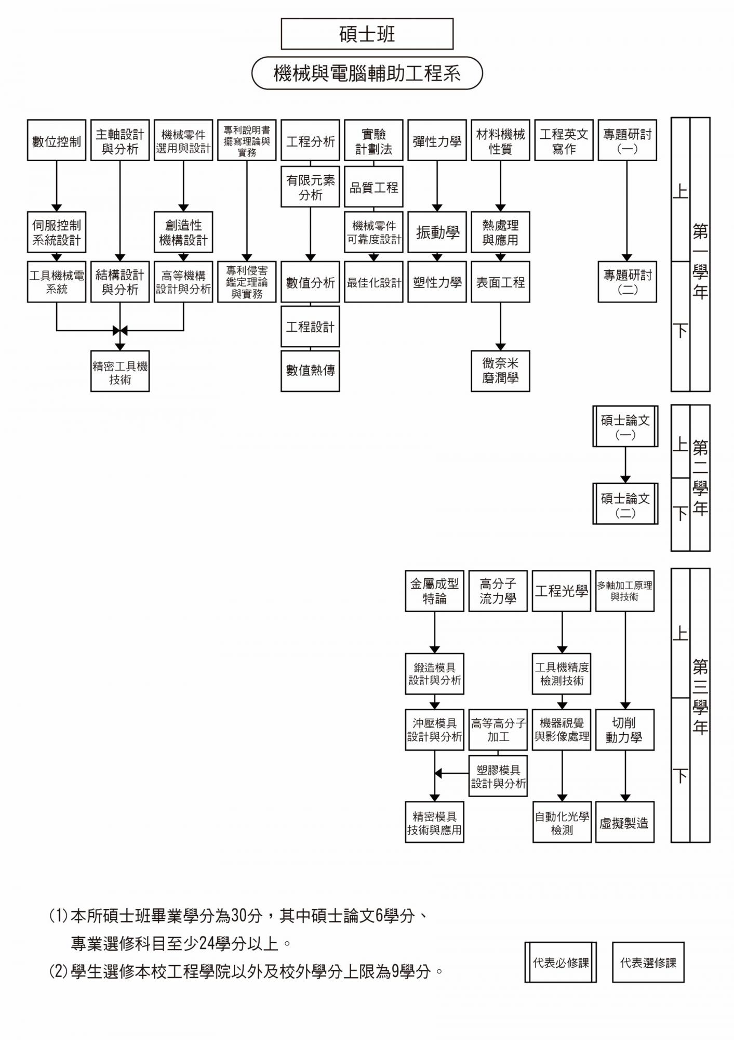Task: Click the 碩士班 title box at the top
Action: (367, 34)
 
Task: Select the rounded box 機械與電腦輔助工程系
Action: (367, 73)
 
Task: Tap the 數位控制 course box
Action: (57, 140)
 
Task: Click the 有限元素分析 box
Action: (310, 187)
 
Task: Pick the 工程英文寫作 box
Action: (564, 140)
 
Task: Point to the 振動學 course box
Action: (437, 232)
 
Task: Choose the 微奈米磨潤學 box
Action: (500, 371)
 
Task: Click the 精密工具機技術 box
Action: (120, 372)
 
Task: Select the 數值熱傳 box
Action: (310, 370)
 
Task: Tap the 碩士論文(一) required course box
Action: (625, 427)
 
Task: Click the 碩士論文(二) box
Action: (625, 505)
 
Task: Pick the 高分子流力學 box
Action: (498, 591)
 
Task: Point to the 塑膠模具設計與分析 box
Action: (498, 777)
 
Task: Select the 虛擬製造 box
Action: (624, 823)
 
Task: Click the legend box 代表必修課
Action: (560, 963)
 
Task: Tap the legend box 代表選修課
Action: (648, 963)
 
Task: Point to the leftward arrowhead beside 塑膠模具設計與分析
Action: (438, 773)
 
